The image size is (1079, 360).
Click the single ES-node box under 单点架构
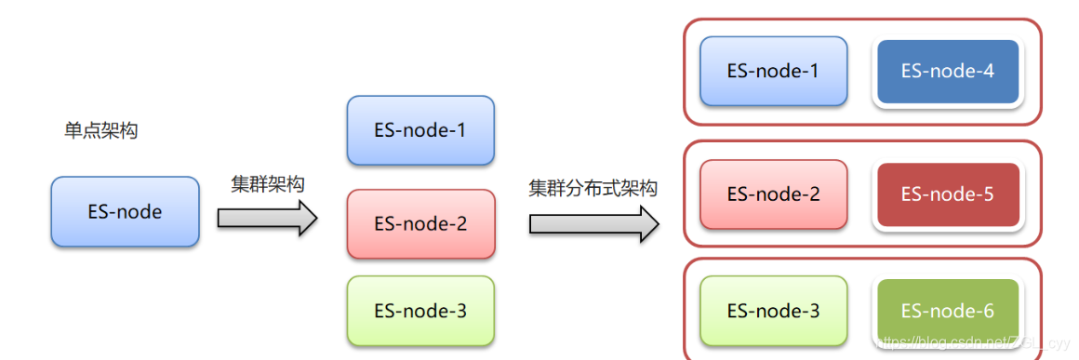click(125, 212)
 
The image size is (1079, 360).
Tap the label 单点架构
click(100, 131)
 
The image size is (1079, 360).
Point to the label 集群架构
click(268, 184)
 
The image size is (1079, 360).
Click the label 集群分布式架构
click(593, 189)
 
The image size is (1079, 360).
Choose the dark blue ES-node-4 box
click(948, 71)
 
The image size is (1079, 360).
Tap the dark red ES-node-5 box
click(948, 194)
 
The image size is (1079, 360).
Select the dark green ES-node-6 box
click(948, 312)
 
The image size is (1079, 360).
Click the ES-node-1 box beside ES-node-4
click(773, 71)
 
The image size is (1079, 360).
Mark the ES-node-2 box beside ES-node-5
click(773, 194)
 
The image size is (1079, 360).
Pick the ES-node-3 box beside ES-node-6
click(773, 312)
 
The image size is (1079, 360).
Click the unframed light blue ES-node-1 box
click(420, 131)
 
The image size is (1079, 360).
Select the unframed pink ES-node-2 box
click(420, 224)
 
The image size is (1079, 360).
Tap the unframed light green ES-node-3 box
click(420, 312)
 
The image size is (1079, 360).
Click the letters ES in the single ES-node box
click(99, 212)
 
